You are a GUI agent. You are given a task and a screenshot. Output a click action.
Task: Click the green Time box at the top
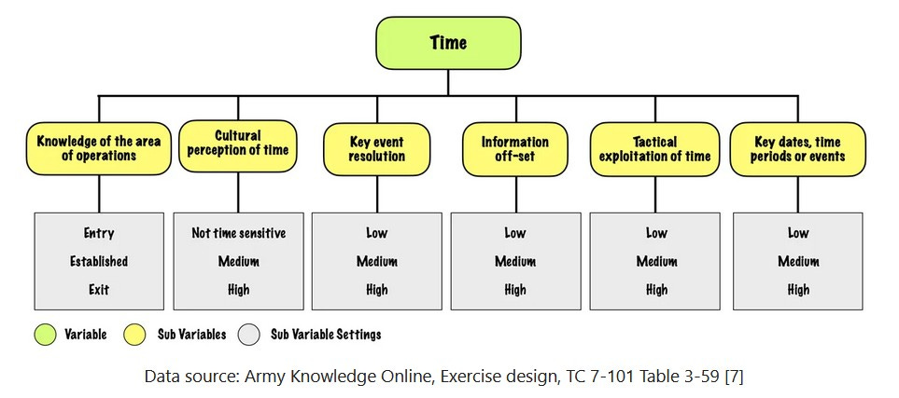coord(448,42)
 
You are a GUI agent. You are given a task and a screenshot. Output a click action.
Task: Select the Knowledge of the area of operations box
coord(99,149)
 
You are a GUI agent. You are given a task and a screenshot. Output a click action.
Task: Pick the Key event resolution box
coord(377,149)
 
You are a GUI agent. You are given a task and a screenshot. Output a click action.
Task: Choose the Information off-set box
coord(515,149)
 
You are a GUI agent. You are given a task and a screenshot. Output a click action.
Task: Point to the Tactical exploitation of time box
coord(656,149)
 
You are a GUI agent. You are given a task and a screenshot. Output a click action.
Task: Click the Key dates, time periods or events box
coord(798,149)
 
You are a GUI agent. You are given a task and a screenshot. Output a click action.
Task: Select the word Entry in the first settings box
coord(99,233)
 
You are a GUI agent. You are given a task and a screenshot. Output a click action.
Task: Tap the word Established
coord(99,262)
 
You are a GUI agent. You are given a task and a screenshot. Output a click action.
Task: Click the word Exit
coord(99,290)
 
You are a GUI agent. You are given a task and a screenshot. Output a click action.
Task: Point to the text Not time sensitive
coord(238,233)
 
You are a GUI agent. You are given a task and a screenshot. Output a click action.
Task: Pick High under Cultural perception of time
coord(238,290)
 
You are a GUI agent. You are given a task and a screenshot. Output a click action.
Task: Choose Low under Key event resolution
coord(377,233)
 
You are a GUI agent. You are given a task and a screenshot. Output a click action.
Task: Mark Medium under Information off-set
coord(515,262)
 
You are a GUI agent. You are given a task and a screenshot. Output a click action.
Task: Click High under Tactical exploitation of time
coord(656,290)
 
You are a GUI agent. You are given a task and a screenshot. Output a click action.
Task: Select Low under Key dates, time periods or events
coord(798,233)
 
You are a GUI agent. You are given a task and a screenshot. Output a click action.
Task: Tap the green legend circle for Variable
coord(45,334)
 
